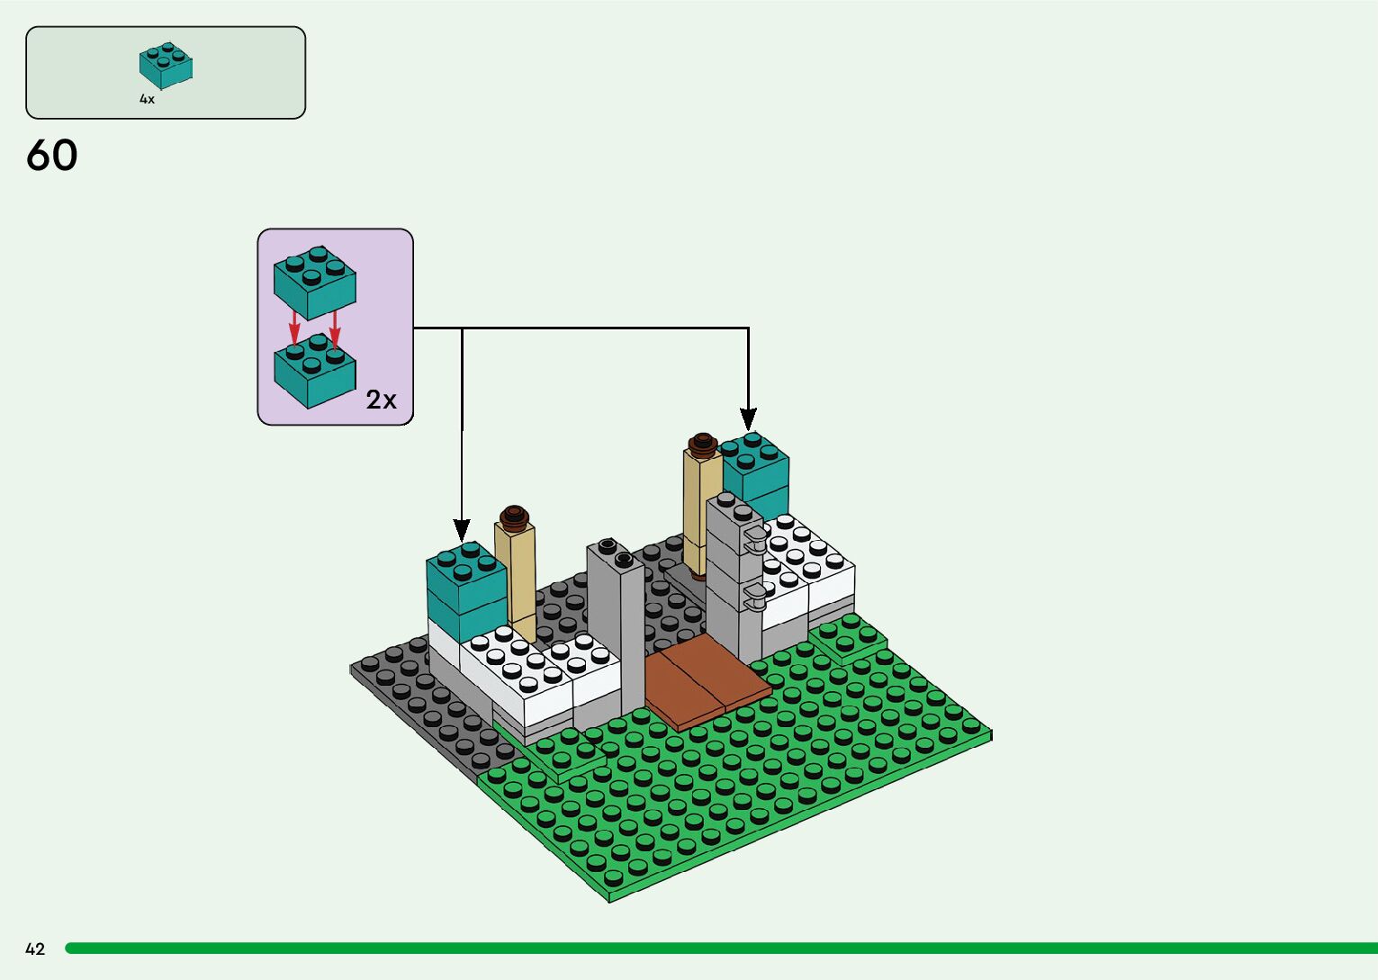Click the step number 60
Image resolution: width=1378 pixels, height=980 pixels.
(x=52, y=156)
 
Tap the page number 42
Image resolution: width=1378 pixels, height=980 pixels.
(x=35, y=949)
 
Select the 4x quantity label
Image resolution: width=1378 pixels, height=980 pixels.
(x=147, y=99)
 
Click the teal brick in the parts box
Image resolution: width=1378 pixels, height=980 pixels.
(x=167, y=65)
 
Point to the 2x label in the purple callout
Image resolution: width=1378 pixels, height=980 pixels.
(x=381, y=400)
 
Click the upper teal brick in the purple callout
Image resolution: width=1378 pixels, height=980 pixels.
(x=315, y=282)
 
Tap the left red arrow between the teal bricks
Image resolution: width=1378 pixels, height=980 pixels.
(x=294, y=328)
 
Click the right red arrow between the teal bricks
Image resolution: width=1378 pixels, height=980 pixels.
(x=335, y=328)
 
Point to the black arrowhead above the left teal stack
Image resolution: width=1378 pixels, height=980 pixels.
(x=462, y=531)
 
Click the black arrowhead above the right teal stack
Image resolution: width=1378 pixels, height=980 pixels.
(x=748, y=419)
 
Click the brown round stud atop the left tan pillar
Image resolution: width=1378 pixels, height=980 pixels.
(x=514, y=515)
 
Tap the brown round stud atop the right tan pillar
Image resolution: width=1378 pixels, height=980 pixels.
(x=702, y=442)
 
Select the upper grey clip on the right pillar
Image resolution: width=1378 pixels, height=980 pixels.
(x=753, y=538)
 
